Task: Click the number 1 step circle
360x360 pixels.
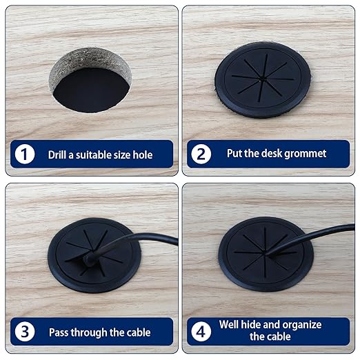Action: point(26,154)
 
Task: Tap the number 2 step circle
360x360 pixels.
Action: point(201,154)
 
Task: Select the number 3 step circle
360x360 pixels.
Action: point(26,332)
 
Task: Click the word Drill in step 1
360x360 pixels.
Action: point(59,154)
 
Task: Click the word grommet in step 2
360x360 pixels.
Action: point(308,154)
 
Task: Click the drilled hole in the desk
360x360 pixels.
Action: point(89,82)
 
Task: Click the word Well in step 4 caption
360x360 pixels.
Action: point(230,325)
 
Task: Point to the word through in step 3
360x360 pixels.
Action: point(92,332)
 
